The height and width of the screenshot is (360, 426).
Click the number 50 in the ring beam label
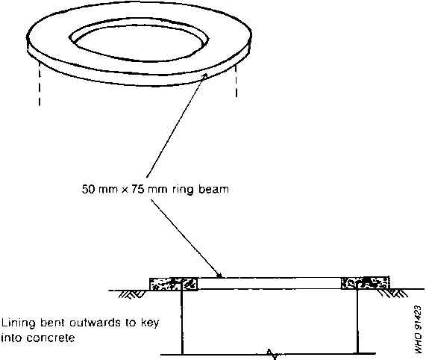coord(88,189)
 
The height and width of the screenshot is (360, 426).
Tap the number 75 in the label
coord(138,189)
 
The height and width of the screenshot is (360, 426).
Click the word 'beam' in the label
coord(213,189)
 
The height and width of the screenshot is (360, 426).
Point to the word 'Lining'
coord(19,323)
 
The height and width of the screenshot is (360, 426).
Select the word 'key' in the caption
coord(150,323)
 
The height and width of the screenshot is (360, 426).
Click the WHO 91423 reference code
coord(418,330)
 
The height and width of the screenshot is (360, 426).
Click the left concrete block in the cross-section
coord(174,284)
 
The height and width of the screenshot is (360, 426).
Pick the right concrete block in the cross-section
coord(365,283)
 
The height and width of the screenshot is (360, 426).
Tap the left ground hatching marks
coord(131,294)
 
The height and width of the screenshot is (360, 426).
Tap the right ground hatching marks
coord(392,293)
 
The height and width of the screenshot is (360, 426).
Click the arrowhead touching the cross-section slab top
coord(219,276)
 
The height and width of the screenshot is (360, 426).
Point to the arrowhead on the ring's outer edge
coord(205,76)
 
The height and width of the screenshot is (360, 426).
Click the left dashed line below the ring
coord(40,83)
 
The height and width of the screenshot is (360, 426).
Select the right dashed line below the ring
coord(236,81)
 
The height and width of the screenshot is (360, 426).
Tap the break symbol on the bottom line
coord(272,354)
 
